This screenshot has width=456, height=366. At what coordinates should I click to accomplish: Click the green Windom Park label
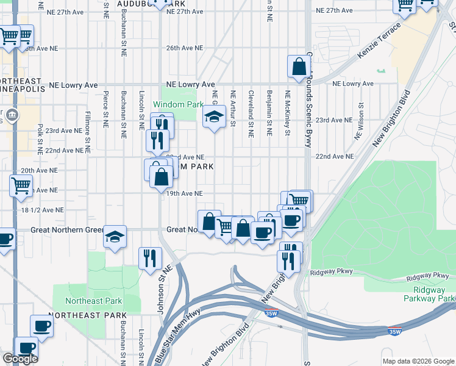(178, 104)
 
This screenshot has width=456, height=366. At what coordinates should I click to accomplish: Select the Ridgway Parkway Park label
(430, 294)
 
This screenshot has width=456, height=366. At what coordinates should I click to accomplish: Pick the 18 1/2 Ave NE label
(43, 209)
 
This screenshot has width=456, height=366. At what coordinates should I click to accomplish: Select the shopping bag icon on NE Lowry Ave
(300, 67)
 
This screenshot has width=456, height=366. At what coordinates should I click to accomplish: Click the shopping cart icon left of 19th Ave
(21, 184)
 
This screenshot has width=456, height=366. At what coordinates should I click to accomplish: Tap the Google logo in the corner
(20, 359)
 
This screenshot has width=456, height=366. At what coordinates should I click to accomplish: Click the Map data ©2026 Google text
(418, 361)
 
